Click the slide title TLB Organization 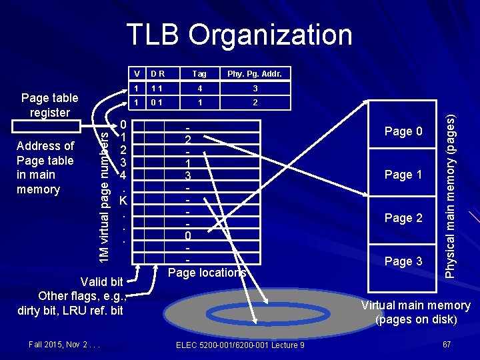pos(239,35)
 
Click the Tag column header pos(199,73)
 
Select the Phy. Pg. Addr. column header pos(255,73)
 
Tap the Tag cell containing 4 pos(199,88)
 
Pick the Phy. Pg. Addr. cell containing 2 pos(255,103)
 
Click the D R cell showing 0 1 pos(159,103)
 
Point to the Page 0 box pos(403,132)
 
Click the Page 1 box pos(403,175)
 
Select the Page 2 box pos(403,218)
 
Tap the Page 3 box pos(403,261)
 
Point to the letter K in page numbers pos(123,199)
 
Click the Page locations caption pos(207,272)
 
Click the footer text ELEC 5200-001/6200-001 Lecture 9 pos(240,344)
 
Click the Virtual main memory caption pos(415,312)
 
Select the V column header pos(136,73)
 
